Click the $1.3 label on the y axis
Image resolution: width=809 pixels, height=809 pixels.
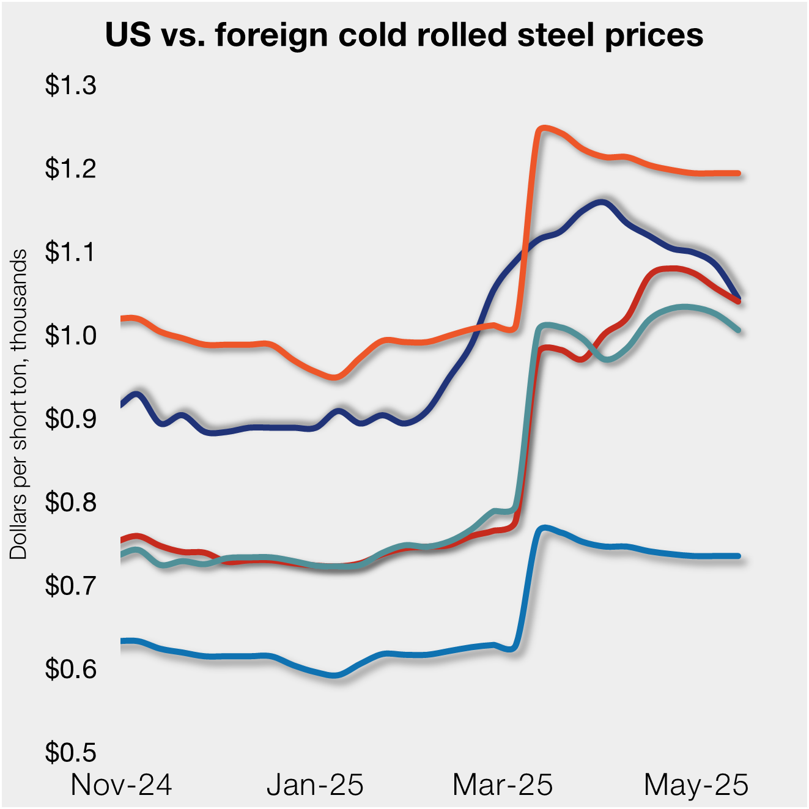point(70,86)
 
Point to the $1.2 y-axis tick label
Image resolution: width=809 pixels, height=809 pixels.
point(70,169)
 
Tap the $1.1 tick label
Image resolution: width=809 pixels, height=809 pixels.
point(70,252)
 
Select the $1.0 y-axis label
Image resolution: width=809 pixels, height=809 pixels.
point(70,336)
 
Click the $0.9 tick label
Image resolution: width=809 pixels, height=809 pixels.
point(70,419)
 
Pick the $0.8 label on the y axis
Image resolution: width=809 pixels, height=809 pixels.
point(70,502)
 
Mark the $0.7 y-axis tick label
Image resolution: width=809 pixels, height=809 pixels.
point(70,586)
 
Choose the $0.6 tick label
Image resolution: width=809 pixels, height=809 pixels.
point(70,669)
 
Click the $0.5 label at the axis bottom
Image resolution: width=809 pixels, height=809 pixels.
point(70,752)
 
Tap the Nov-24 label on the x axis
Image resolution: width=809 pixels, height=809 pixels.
point(121,785)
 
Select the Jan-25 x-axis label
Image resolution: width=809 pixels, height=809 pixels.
point(315,785)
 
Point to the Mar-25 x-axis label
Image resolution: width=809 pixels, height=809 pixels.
point(503,785)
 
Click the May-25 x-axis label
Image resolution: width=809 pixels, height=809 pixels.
point(696,785)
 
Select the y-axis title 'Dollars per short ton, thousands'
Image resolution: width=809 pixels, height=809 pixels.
point(19,404)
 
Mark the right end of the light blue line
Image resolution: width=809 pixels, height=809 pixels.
point(739,556)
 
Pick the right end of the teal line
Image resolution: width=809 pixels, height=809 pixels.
point(739,330)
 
